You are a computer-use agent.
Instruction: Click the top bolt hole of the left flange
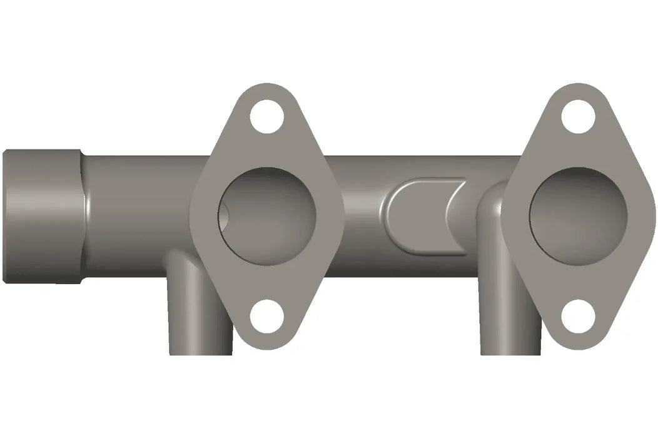[267, 116]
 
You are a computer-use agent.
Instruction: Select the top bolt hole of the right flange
[577, 116]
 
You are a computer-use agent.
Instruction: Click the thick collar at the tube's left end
[41, 216]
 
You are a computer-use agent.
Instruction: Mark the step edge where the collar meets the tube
[83, 216]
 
